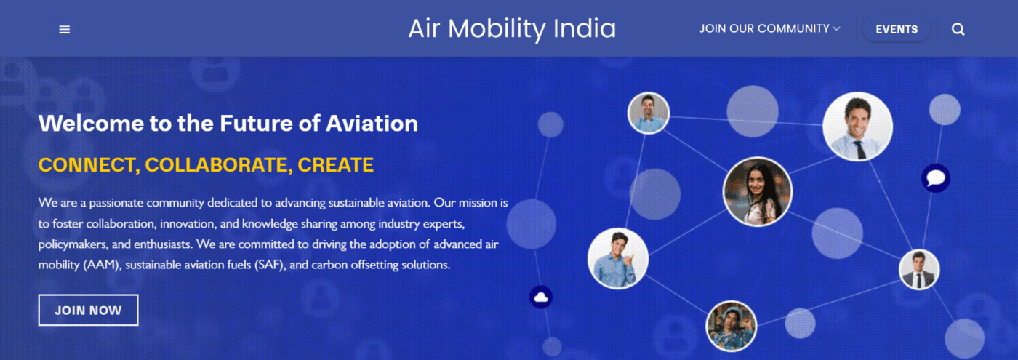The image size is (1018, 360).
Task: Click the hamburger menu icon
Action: (65, 30)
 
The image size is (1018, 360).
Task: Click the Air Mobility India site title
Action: (512, 28)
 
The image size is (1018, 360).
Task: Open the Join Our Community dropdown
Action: (769, 28)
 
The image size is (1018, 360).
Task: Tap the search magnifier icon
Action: (958, 30)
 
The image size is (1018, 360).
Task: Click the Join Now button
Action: (88, 310)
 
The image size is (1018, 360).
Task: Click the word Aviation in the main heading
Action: (372, 123)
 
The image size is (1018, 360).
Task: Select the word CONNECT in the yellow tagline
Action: (89, 165)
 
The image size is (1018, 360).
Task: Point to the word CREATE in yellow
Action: (335, 165)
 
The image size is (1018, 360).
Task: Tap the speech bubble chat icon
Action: (936, 177)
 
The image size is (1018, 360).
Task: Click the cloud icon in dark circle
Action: (541, 297)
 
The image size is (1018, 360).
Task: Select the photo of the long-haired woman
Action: (757, 191)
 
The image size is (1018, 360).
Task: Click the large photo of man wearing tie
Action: (857, 127)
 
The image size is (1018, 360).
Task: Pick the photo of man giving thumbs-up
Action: (617, 258)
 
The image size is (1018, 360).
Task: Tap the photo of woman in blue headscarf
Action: (731, 326)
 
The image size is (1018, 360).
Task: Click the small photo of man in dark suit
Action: (919, 269)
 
